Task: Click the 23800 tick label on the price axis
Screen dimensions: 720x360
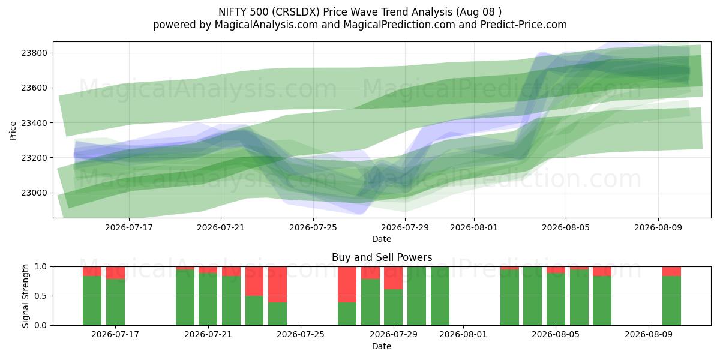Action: point(34,53)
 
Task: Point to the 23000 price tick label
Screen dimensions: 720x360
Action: point(34,193)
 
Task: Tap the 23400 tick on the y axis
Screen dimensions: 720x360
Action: point(34,123)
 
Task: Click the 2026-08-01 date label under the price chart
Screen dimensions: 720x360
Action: point(474,227)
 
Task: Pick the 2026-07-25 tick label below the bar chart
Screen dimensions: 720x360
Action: point(301,334)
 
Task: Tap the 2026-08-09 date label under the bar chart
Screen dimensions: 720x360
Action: point(649,334)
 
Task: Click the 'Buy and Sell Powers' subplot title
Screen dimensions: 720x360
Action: point(382,257)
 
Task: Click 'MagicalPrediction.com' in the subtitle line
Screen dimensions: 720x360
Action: point(399,25)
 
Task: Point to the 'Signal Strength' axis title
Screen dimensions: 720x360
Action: point(25,296)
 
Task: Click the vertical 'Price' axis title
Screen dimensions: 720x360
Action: point(13,131)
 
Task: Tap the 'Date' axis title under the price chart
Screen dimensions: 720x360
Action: point(382,239)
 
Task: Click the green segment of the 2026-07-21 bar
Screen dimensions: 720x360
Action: point(208,299)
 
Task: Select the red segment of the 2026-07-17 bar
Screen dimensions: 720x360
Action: point(115,272)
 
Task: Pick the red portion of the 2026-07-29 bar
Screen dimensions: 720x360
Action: point(394,278)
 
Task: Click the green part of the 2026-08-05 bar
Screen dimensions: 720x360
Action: point(556,299)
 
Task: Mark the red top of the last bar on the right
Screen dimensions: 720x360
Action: point(672,271)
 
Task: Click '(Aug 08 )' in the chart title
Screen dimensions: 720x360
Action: point(478,12)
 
